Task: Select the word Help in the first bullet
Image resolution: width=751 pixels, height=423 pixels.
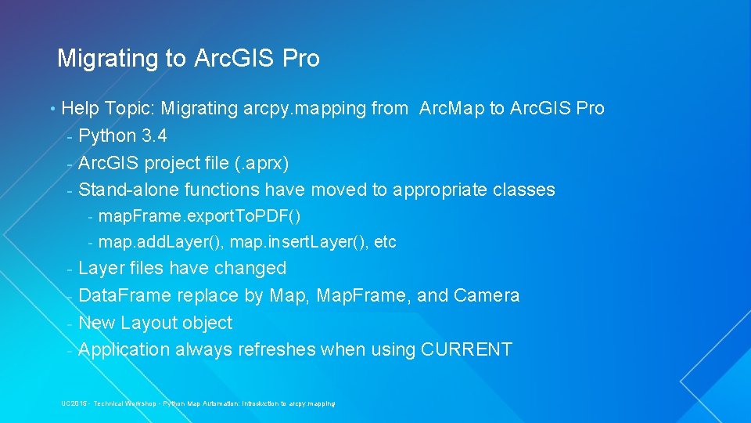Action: [79, 108]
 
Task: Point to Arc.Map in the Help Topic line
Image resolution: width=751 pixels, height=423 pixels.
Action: [451, 108]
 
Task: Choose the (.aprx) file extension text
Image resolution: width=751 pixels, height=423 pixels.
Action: [260, 163]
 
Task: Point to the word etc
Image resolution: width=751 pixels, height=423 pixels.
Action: [386, 243]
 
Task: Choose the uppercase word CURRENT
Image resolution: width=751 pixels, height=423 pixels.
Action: [466, 349]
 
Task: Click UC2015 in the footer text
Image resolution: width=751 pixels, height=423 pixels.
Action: [74, 403]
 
